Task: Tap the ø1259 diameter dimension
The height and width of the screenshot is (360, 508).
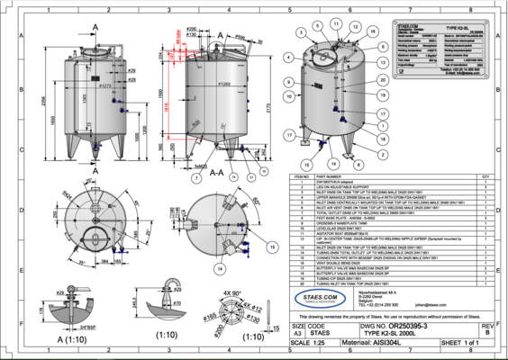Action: click(225, 84)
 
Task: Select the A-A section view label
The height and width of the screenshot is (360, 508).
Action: click(216, 176)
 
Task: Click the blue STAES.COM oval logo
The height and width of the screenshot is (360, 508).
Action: click(322, 300)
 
